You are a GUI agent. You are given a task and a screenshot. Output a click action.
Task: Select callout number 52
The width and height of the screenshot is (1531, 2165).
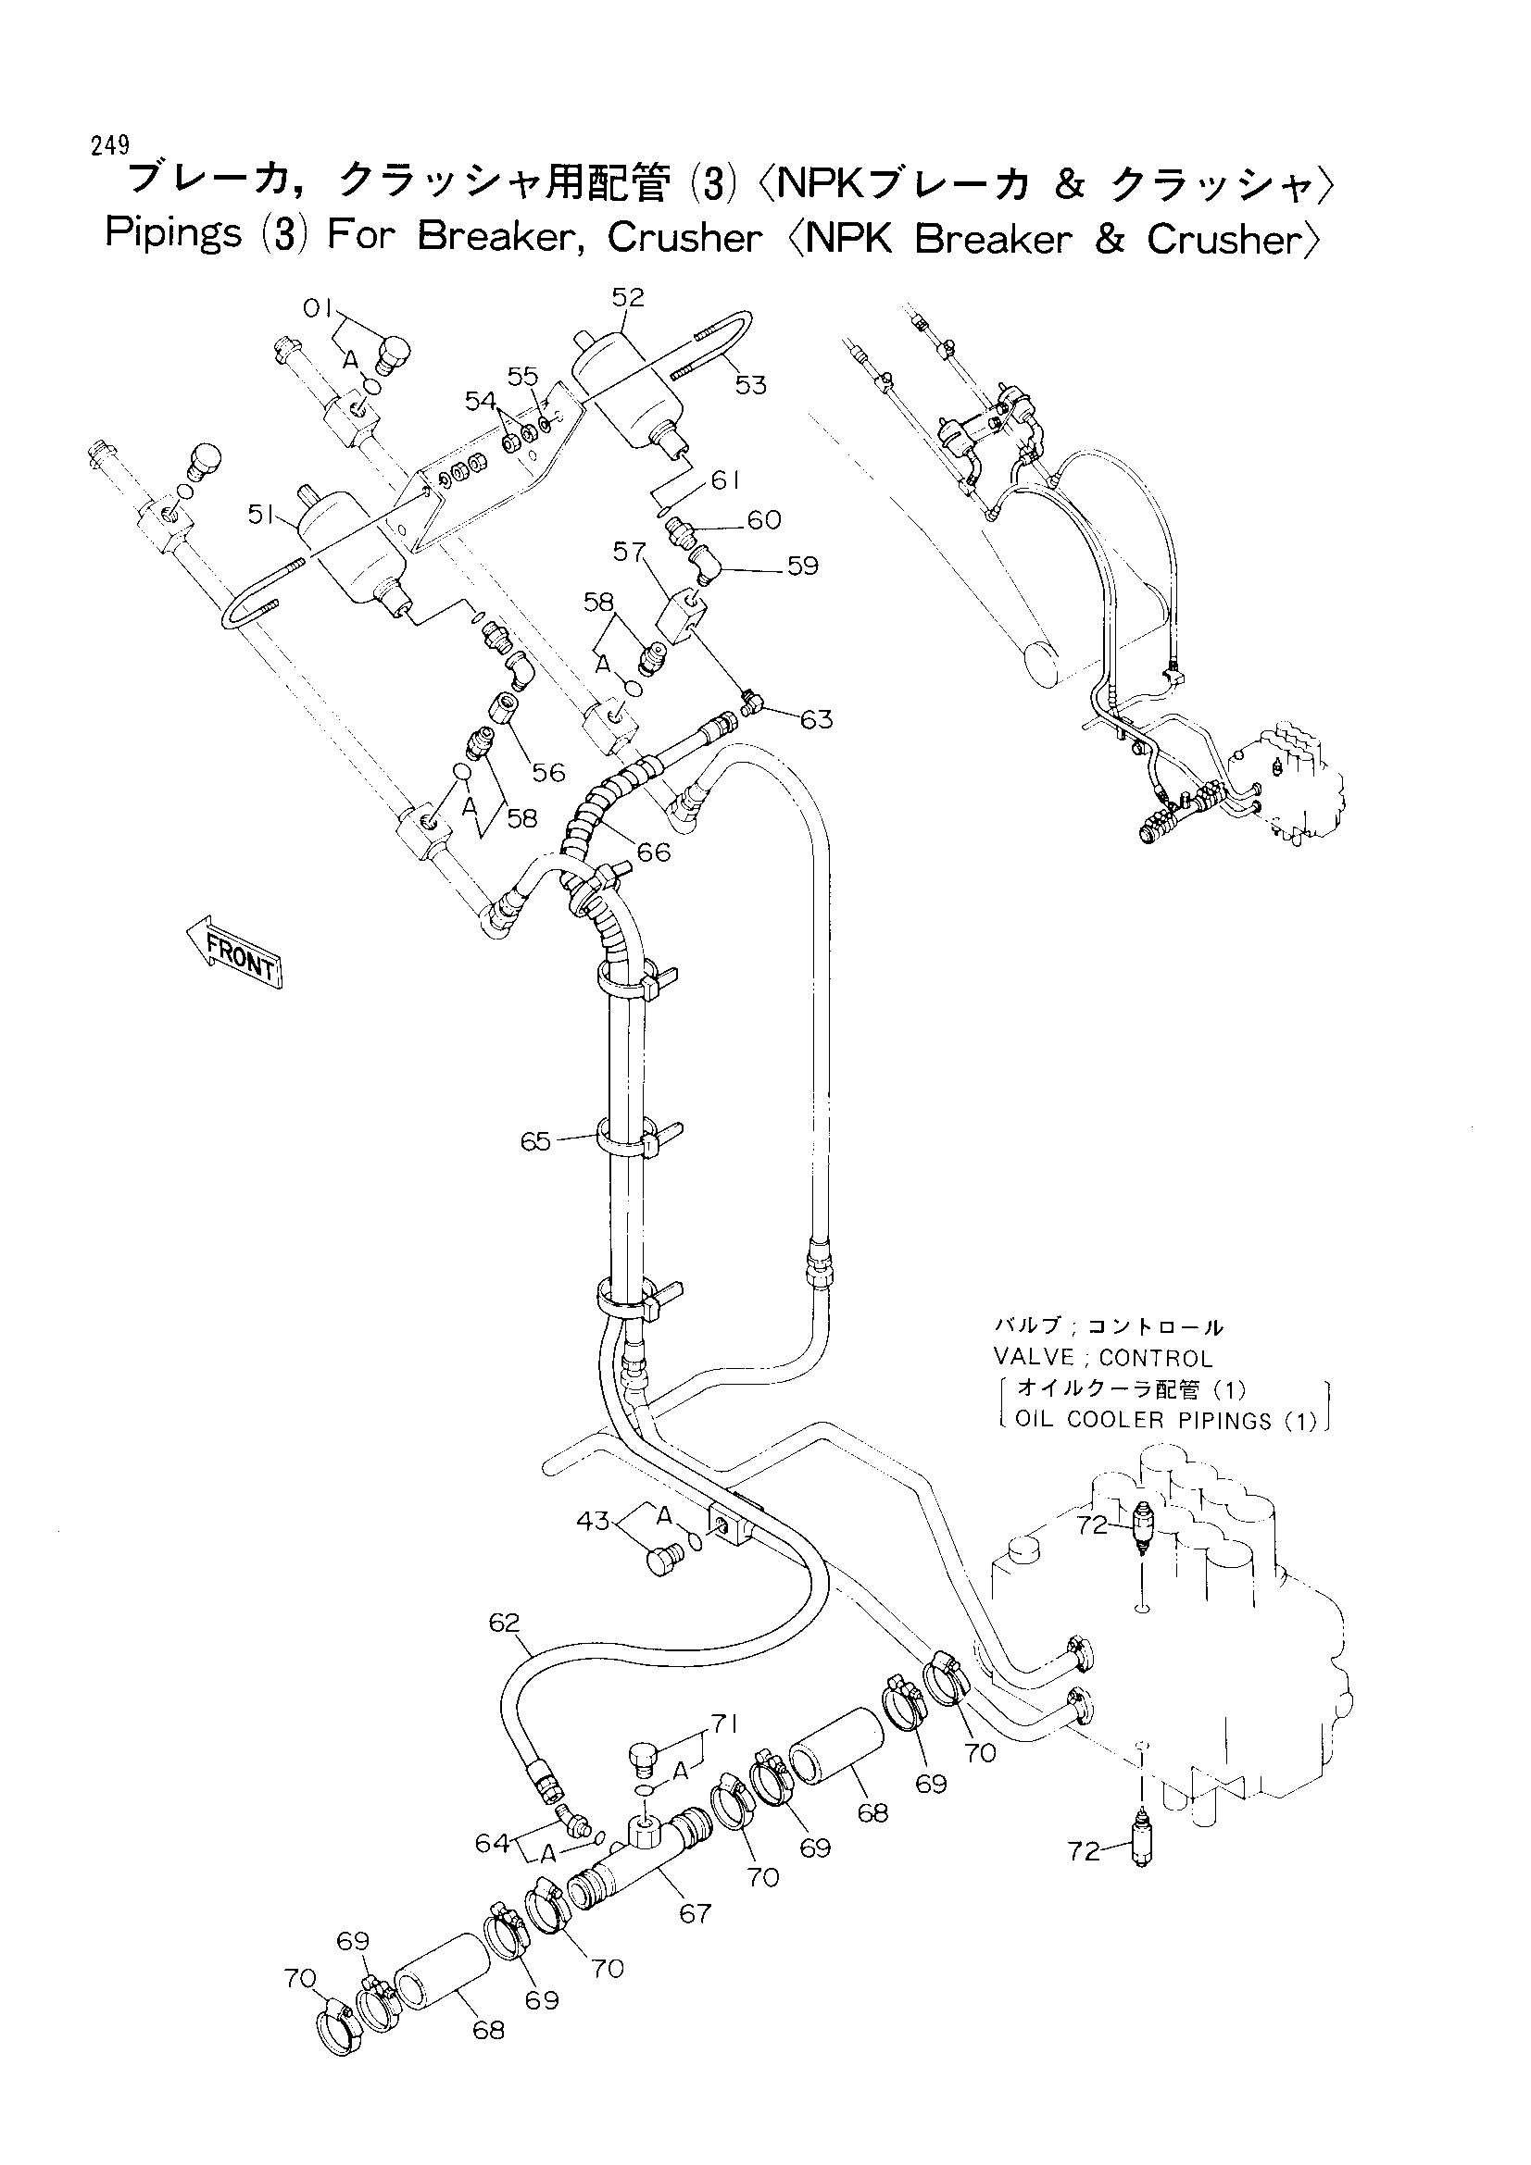click(x=628, y=297)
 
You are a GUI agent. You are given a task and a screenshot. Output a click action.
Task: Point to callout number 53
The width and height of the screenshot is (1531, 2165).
click(x=751, y=385)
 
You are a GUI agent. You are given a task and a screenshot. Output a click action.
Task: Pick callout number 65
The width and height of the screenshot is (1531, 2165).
click(x=535, y=1142)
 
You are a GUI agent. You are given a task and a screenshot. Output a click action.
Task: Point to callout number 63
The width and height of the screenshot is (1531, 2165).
click(x=817, y=720)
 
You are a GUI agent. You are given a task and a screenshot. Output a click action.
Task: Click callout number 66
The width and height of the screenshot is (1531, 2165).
click(x=654, y=852)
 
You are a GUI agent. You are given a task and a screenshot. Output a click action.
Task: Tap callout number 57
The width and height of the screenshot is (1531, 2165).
click(x=629, y=552)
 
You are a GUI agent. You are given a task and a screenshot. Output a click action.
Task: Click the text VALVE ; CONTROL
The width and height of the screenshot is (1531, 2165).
click(x=1103, y=1358)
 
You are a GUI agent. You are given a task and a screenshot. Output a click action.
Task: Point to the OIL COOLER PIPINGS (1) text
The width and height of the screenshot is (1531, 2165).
click(x=1165, y=1420)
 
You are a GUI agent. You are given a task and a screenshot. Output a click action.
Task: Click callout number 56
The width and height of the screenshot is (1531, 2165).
click(x=548, y=772)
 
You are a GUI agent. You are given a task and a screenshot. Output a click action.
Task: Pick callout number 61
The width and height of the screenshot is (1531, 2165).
click(x=724, y=481)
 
